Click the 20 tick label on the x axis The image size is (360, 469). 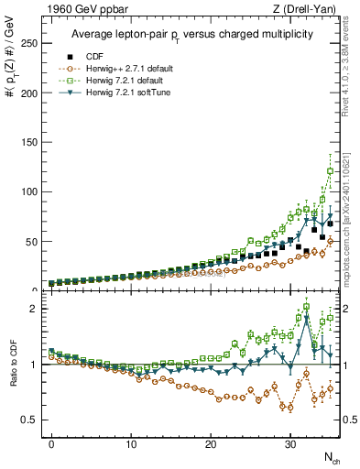coord(210,443)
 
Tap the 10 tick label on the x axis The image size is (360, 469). coord(131,443)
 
